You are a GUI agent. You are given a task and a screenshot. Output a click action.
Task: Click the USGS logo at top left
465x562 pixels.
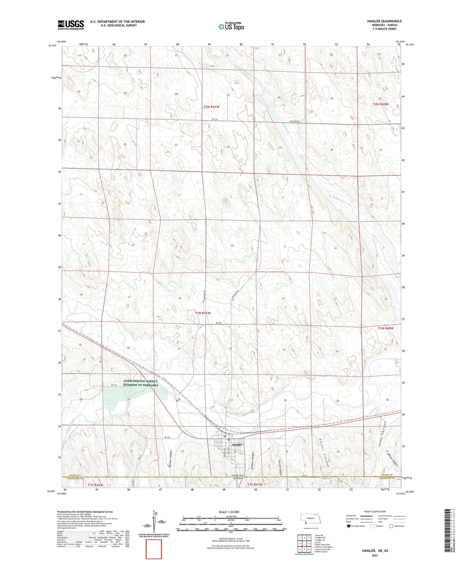pos(71,25)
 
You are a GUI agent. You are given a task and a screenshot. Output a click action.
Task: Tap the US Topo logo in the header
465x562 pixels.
pos(231,26)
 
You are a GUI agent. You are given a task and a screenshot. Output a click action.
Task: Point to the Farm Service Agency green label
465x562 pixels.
pos(141,383)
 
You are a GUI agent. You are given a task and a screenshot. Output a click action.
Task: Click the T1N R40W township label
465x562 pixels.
pos(386,328)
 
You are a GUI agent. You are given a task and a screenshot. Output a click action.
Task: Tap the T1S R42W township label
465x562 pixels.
pos(96,485)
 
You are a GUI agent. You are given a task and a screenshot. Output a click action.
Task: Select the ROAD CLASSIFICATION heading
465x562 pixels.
pos(375,511)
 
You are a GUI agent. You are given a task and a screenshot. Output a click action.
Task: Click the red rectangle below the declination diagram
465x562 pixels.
pos(154,549)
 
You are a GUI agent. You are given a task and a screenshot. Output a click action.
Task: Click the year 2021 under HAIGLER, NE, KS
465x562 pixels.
pos(375,556)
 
